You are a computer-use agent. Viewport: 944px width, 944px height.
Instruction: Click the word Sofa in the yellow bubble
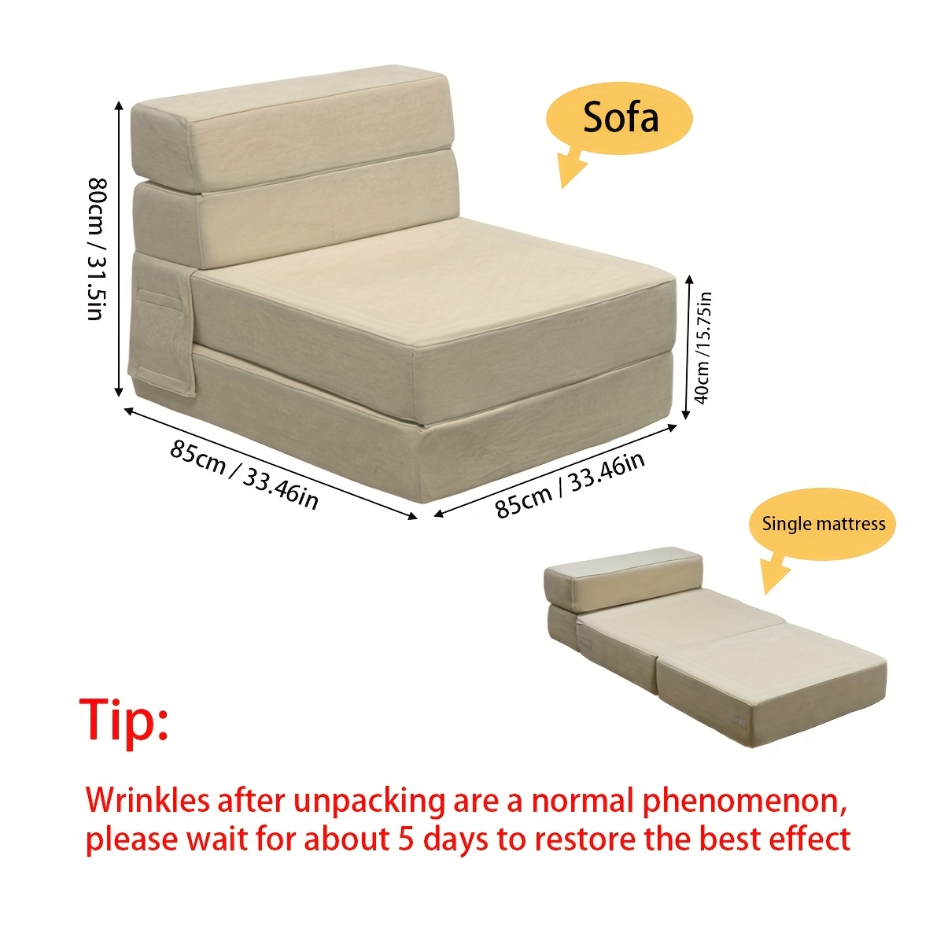point(621,116)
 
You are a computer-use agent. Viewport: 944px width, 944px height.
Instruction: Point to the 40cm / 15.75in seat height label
point(702,348)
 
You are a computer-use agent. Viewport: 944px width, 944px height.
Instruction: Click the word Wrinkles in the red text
point(147,801)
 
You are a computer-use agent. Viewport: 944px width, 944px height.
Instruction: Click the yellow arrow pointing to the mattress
point(776,576)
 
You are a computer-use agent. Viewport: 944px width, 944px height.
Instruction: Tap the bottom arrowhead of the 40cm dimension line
point(686,414)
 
